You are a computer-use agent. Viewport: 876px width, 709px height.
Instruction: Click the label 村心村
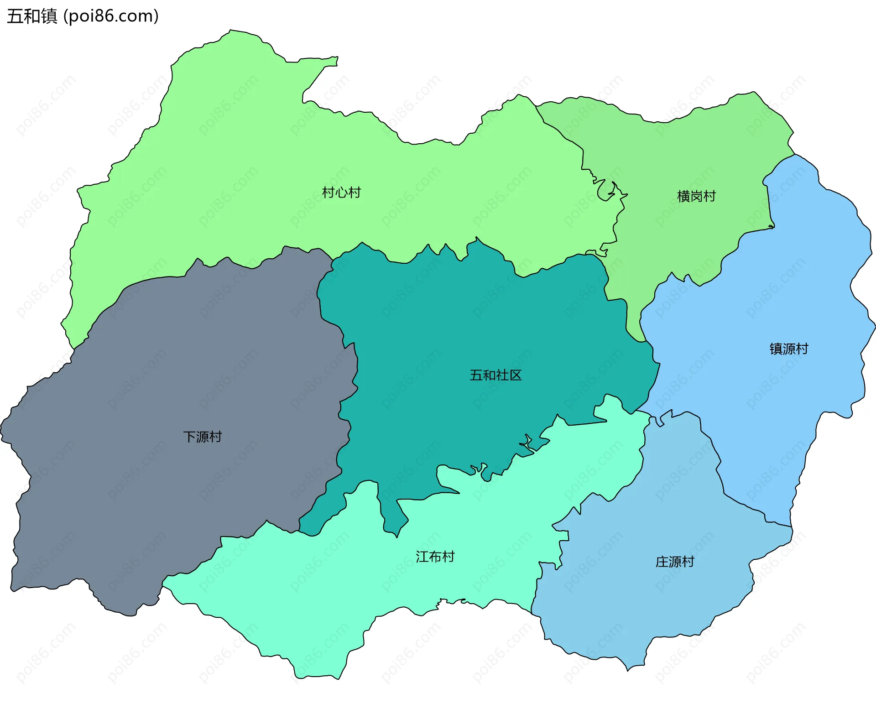[x=341, y=193]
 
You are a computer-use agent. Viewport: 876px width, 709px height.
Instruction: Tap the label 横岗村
[x=696, y=197]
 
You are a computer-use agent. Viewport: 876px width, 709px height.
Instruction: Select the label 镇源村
[x=789, y=349]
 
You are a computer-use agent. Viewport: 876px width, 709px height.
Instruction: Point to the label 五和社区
[x=495, y=375]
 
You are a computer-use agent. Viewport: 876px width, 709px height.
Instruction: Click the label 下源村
[x=203, y=437]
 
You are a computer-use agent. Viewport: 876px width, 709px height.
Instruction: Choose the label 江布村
[x=435, y=557]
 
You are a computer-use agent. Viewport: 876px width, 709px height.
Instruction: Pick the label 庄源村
[x=675, y=562]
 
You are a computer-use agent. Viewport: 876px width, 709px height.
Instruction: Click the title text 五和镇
[x=32, y=16]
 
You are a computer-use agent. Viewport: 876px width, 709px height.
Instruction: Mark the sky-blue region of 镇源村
[x=776, y=274]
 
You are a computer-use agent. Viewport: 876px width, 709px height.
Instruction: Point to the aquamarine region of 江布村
[x=319, y=593]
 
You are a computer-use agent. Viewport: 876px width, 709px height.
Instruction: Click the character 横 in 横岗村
[x=683, y=197]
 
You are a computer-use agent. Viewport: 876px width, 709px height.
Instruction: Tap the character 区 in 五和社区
[x=516, y=375]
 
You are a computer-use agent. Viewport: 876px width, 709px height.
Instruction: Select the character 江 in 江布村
[x=422, y=557]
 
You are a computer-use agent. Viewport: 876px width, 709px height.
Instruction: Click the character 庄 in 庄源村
[x=662, y=562]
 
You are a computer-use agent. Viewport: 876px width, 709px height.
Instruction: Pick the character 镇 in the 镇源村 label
[x=776, y=349]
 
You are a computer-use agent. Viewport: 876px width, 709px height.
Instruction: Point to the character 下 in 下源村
[x=190, y=437]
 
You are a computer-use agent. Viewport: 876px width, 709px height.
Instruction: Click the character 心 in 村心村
[x=341, y=193]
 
